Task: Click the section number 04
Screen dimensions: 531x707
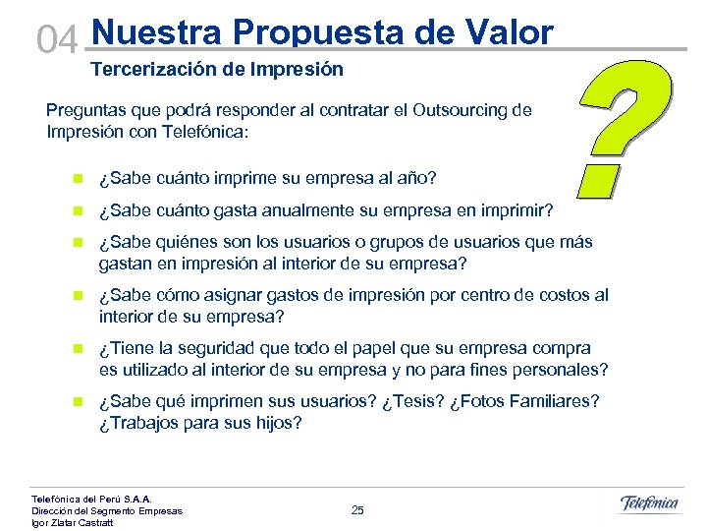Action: click(x=56, y=39)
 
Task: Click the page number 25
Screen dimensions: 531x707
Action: click(x=357, y=509)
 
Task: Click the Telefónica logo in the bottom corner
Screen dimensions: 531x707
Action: click(x=649, y=503)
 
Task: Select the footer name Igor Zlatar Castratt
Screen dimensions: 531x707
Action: click(x=73, y=522)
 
